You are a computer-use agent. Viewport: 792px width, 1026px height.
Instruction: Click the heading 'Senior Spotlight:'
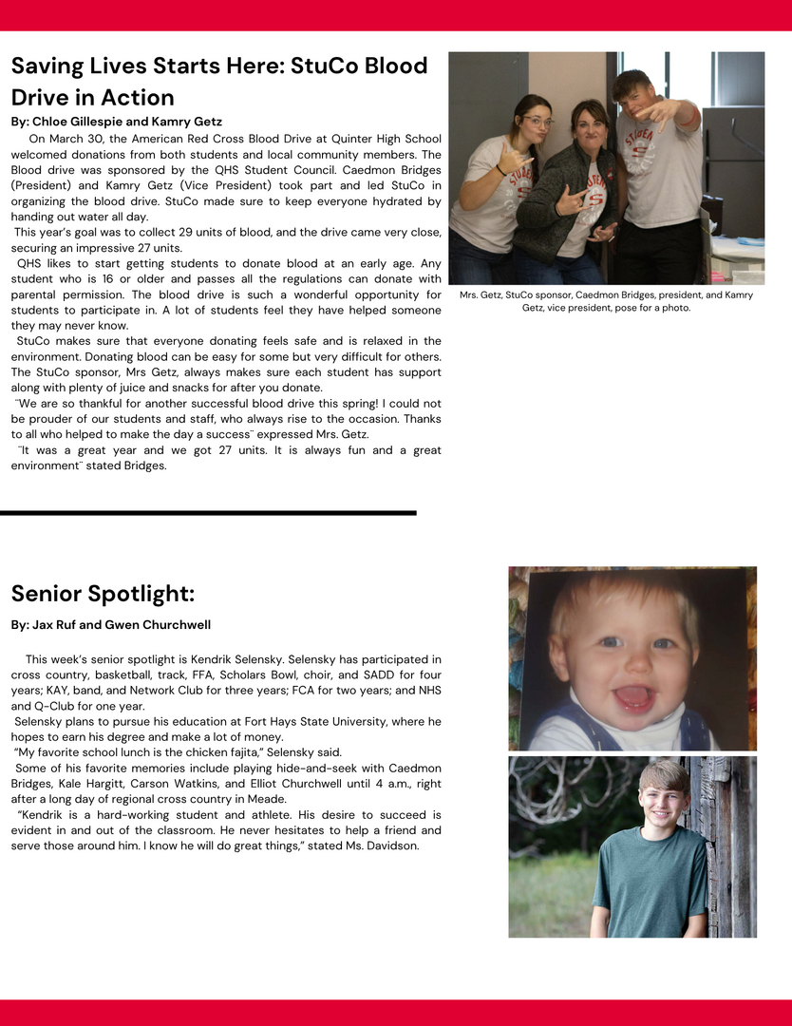click(x=103, y=594)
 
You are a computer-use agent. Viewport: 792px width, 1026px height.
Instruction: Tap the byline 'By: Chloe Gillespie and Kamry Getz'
click(x=116, y=122)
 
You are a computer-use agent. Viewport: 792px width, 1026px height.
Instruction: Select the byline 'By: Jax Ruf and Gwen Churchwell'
click(x=110, y=624)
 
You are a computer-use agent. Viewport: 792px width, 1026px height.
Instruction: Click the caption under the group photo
click(x=606, y=301)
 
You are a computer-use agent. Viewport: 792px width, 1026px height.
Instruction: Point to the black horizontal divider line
click(x=208, y=513)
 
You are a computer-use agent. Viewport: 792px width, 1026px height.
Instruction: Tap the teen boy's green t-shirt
click(x=650, y=879)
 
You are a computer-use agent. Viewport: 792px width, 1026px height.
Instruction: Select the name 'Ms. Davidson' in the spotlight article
click(x=380, y=845)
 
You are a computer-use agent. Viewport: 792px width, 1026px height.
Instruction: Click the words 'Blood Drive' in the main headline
click(x=361, y=66)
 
